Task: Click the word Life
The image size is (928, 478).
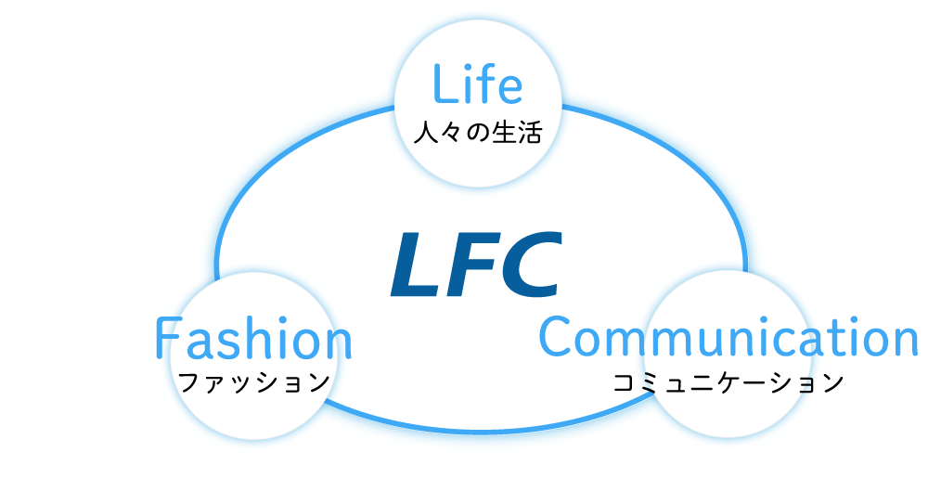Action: click(x=477, y=85)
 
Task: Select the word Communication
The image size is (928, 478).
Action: click(x=728, y=338)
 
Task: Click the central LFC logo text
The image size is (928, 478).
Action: click(x=475, y=266)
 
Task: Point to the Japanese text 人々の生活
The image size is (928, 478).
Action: click(x=476, y=132)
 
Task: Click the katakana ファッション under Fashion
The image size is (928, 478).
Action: click(x=253, y=381)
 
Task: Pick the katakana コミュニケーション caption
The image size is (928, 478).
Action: click(x=728, y=381)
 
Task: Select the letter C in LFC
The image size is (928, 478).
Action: click(x=530, y=266)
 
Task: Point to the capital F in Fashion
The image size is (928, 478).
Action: click(x=166, y=340)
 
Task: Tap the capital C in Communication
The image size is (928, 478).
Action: click(x=556, y=338)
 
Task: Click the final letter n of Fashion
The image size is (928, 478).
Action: click(x=340, y=343)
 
